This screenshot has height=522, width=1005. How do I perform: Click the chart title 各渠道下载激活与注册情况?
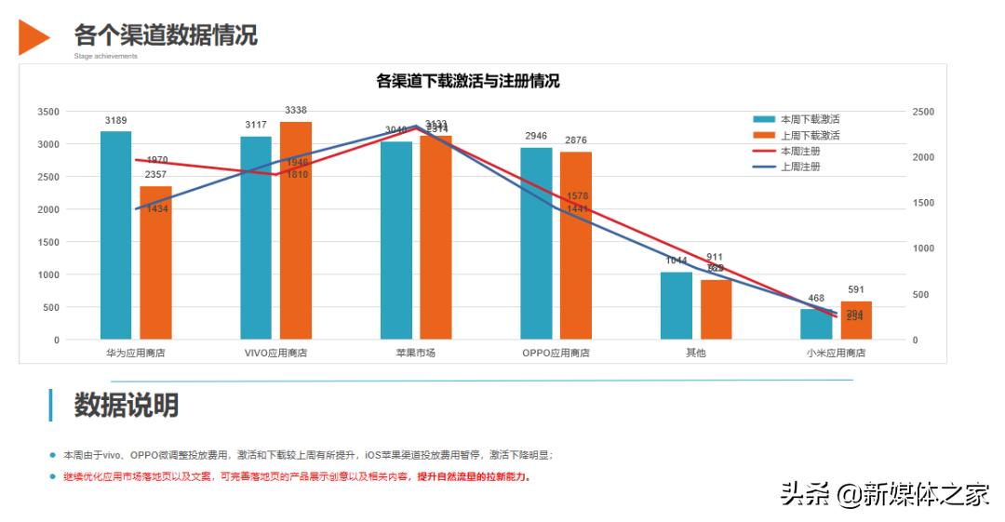click(x=468, y=82)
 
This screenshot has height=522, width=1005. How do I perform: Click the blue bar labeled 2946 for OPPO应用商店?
click(x=536, y=244)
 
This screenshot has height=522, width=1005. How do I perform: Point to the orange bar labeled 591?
click(x=855, y=321)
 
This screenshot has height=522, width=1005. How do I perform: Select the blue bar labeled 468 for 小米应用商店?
click(x=816, y=325)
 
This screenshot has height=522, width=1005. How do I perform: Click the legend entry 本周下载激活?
click(x=797, y=119)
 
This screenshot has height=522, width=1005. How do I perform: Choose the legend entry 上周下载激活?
click(x=797, y=135)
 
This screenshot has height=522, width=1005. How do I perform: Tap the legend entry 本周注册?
click(x=790, y=151)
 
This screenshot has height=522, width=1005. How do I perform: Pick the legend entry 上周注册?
click(x=790, y=167)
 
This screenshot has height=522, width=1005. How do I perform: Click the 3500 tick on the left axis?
click(x=48, y=112)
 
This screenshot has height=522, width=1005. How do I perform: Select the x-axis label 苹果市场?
click(x=415, y=354)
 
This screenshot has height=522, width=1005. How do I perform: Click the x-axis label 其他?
click(x=695, y=354)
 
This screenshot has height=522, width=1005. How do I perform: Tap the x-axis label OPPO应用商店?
click(x=556, y=354)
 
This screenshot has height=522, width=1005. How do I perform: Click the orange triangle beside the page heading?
click(x=33, y=36)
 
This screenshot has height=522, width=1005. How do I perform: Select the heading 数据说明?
click(x=127, y=406)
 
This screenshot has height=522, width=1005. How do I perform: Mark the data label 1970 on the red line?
click(x=157, y=160)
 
